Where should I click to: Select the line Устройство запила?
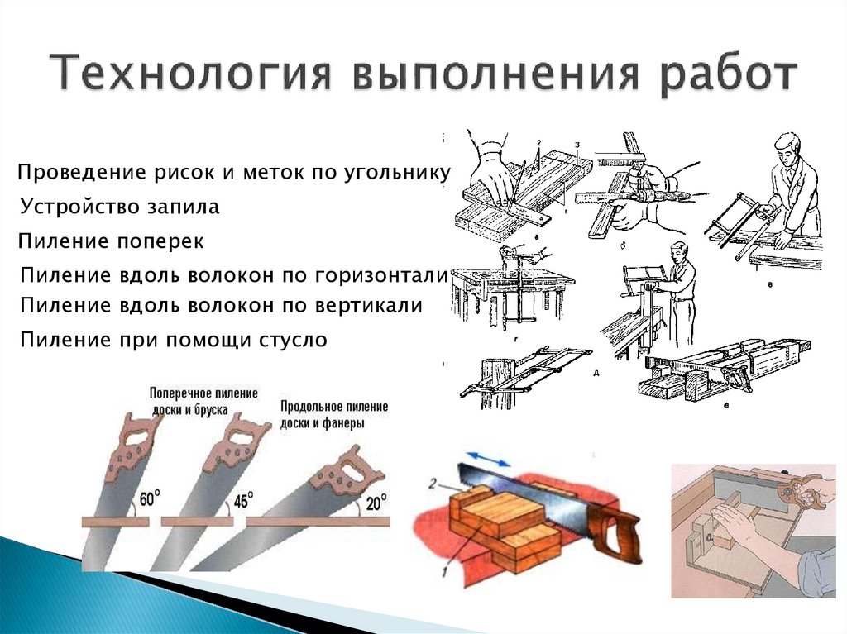pyautogui.click(x=120, y=207)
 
